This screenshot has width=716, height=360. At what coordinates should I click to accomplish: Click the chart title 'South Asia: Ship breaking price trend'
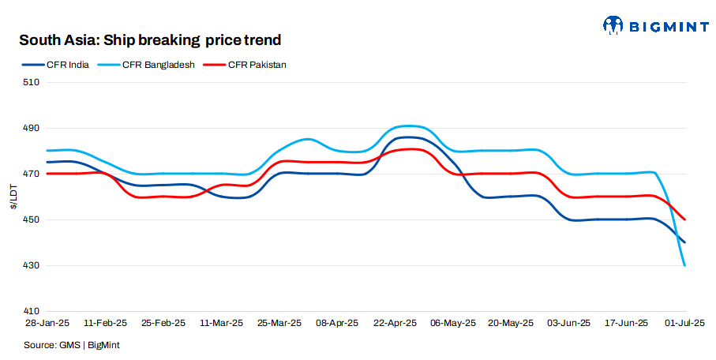[x=150, y=39]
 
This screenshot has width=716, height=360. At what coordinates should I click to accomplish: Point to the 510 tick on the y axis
[x=32, y=82]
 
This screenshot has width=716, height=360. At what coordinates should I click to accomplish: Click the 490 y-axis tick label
[x=32, y=128]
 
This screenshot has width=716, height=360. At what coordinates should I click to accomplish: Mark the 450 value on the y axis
[x=32, y=219]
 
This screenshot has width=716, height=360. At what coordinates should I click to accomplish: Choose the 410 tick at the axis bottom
[x=32, y=311]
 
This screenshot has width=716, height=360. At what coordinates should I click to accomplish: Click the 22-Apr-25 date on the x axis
[x=394, y=324]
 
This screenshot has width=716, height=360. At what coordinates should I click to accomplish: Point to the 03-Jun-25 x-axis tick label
[x=569, y=324]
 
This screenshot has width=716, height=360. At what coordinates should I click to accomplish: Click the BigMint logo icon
[x=613, y=26]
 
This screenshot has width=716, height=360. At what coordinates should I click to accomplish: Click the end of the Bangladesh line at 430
[x=684, y=265]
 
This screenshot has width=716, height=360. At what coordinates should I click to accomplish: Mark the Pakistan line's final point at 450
[x=684, y=219]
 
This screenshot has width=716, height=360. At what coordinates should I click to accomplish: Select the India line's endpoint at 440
[x=684, y=242]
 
